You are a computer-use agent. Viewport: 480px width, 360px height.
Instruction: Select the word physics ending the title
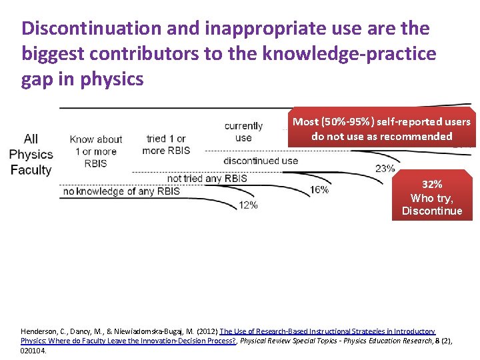[x=112, y=79]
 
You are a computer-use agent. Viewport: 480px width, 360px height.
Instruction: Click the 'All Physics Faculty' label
[x=31, y=154]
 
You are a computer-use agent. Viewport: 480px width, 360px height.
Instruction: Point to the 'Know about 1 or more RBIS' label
[x=96, y=151]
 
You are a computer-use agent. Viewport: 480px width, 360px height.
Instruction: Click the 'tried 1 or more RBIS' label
[x=166, y=145]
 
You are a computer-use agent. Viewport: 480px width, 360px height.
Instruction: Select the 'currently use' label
[x=243, y=132]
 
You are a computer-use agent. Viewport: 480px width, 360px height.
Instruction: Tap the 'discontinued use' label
[x=261, y=161]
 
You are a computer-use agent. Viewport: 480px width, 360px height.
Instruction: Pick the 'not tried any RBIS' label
[x=207, y=178]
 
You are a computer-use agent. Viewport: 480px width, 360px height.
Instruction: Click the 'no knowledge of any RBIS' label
[x=121, y=192]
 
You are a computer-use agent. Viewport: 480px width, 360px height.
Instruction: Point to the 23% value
[x=385, y=169]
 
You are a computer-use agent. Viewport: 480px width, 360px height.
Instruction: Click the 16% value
[x=319, y=190]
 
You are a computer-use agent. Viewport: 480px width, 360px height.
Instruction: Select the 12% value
[x=248, y=205]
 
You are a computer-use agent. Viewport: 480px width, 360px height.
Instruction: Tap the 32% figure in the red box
[x=431, y=184]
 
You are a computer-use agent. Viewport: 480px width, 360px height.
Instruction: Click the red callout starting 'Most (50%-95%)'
[x=381, y=129]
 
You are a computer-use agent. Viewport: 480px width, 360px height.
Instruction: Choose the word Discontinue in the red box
[x=431, y=211]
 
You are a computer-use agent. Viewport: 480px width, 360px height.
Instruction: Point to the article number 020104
[x=34, y=349]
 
